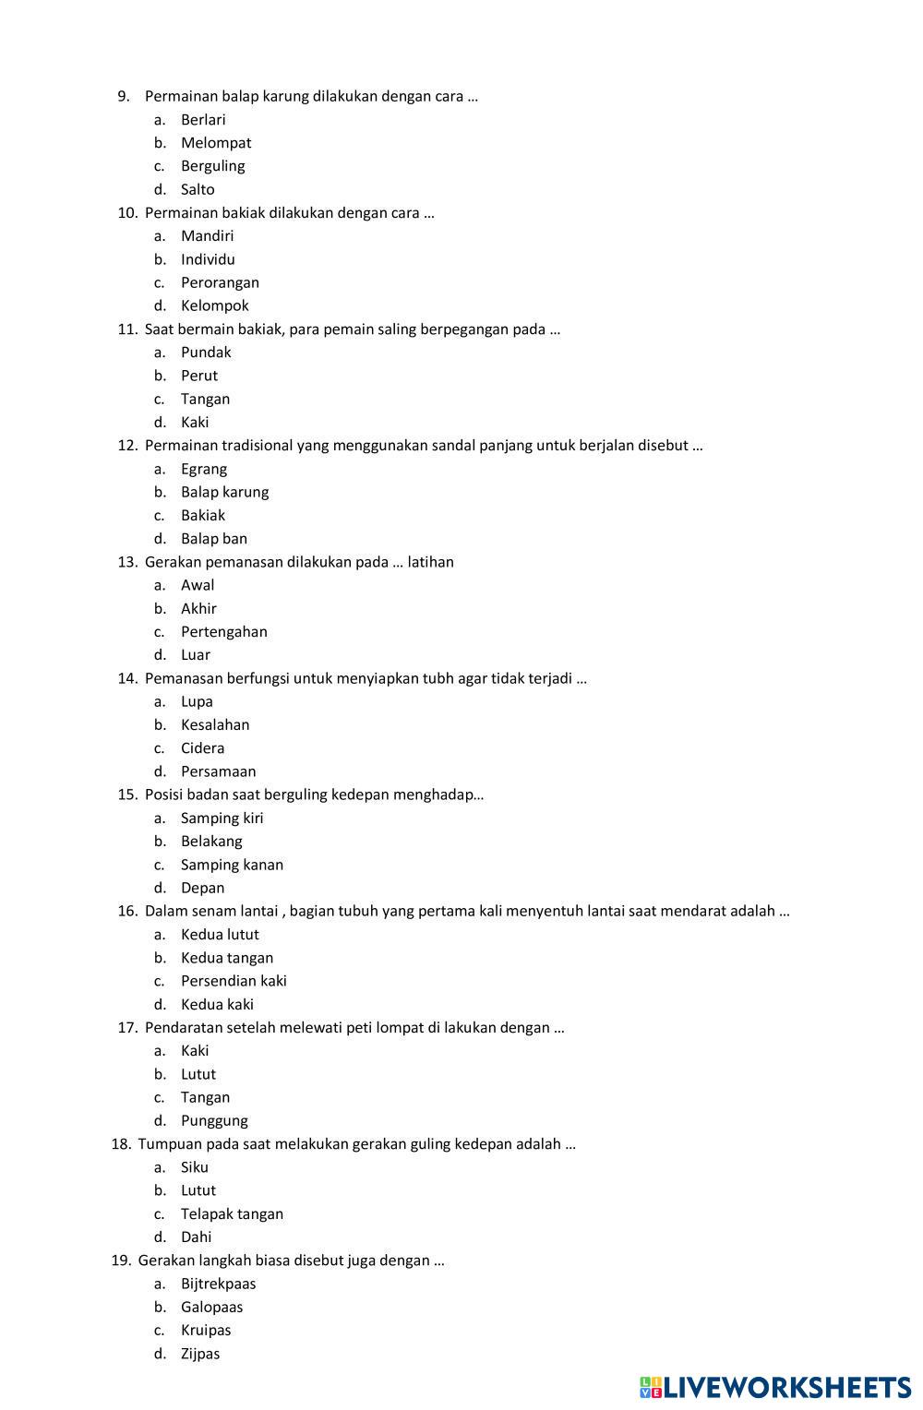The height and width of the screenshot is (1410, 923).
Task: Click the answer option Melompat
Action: tap(215, 143)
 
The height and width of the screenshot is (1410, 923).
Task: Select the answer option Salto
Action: tap(198, 189)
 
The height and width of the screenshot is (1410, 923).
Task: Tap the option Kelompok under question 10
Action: tap(214, 305)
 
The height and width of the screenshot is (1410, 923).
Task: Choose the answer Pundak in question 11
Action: tap(206, 352)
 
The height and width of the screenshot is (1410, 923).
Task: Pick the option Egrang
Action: tap(204, 469)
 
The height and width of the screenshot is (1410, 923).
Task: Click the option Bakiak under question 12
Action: tap(203, 515)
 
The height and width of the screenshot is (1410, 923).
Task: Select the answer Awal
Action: tap(198, 585)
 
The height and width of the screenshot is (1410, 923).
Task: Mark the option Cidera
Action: tap(202, 748)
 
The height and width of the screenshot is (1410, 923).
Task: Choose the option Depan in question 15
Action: tap(202, 888)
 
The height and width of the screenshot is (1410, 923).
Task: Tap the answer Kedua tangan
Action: tap(227, 958)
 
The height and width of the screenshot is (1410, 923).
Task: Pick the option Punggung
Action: tap(214, 1120)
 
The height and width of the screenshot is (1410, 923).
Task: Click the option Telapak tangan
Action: tap(232, 1213)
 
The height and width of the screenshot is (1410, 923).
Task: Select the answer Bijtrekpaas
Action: tap(218, 1284)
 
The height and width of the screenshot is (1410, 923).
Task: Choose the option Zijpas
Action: tap(200, 1354)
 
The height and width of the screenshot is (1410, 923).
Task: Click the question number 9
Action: tap(123, 96)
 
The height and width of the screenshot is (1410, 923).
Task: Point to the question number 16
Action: tap(127, 911)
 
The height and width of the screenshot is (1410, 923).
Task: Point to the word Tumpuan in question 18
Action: tap(168, 1144)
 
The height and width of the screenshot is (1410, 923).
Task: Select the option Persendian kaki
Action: tap(234, 981)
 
